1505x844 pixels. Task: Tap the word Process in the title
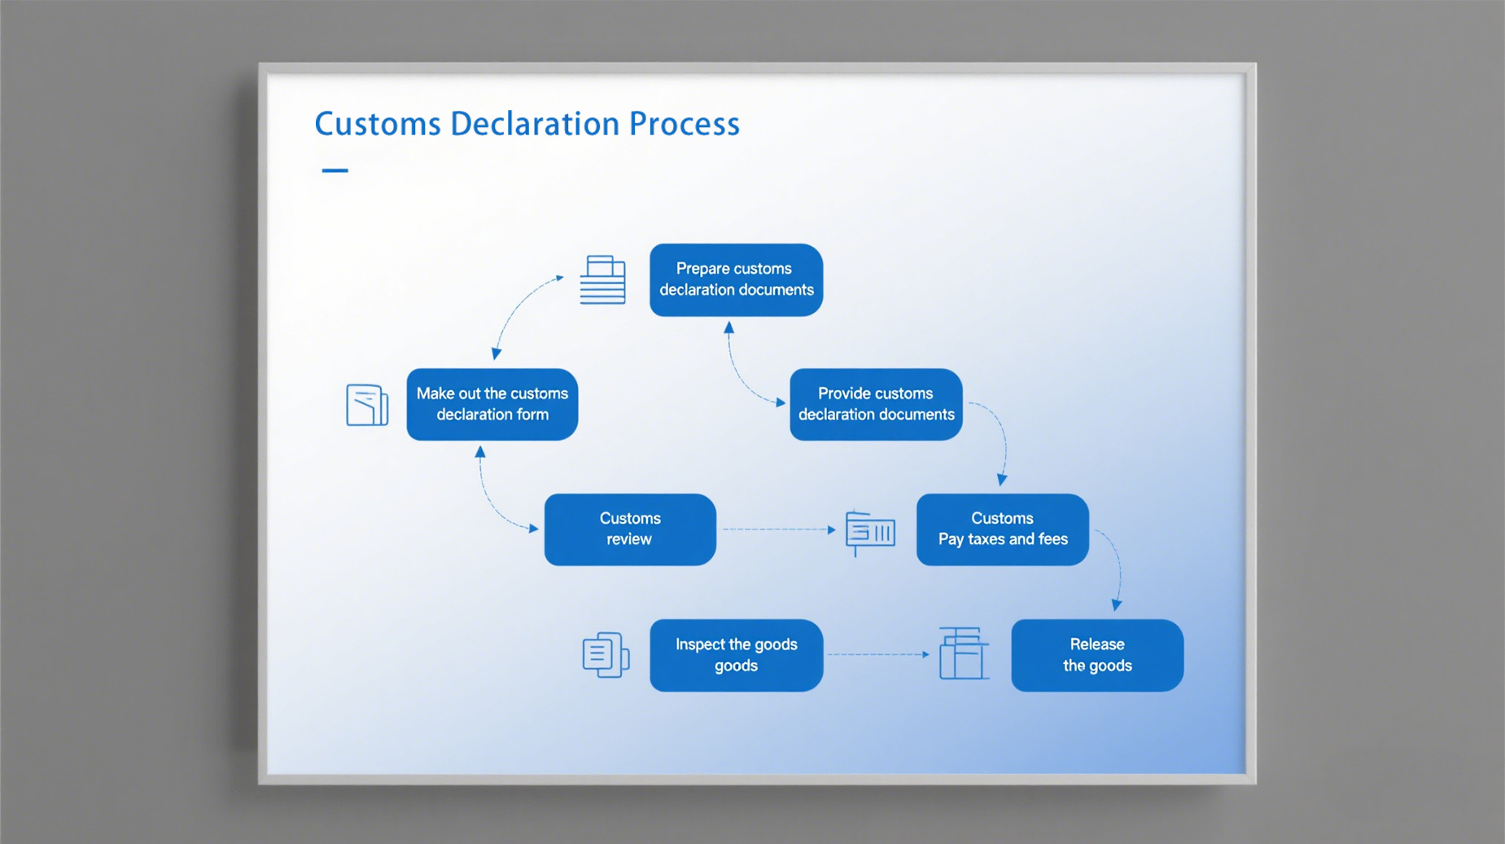(x=685, y=124)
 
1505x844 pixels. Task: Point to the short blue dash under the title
(x=335, y=170)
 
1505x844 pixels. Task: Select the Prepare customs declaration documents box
(x=736, y=279)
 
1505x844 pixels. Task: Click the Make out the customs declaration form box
(x=492, y=404)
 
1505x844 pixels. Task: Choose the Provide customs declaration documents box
(x=876, y=404)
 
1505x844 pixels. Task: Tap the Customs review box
(x=630, y=530)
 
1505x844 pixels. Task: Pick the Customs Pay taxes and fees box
(x=1002, y=530)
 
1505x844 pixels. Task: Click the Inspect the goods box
(x=736, y=655)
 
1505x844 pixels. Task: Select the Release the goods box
(x=1097, y=655)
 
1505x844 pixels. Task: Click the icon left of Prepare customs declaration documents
(x=603, y=279)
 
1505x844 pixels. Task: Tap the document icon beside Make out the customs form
(x=367, y=405)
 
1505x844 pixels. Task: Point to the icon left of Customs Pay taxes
(x=869, y=533)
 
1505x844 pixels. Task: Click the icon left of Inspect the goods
(x=606, y=655)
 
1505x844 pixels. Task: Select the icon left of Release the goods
(x=964, y=653)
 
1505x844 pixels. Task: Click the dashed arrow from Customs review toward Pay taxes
(x=779, y=530)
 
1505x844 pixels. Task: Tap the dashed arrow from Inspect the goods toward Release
(x=879, y=654)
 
